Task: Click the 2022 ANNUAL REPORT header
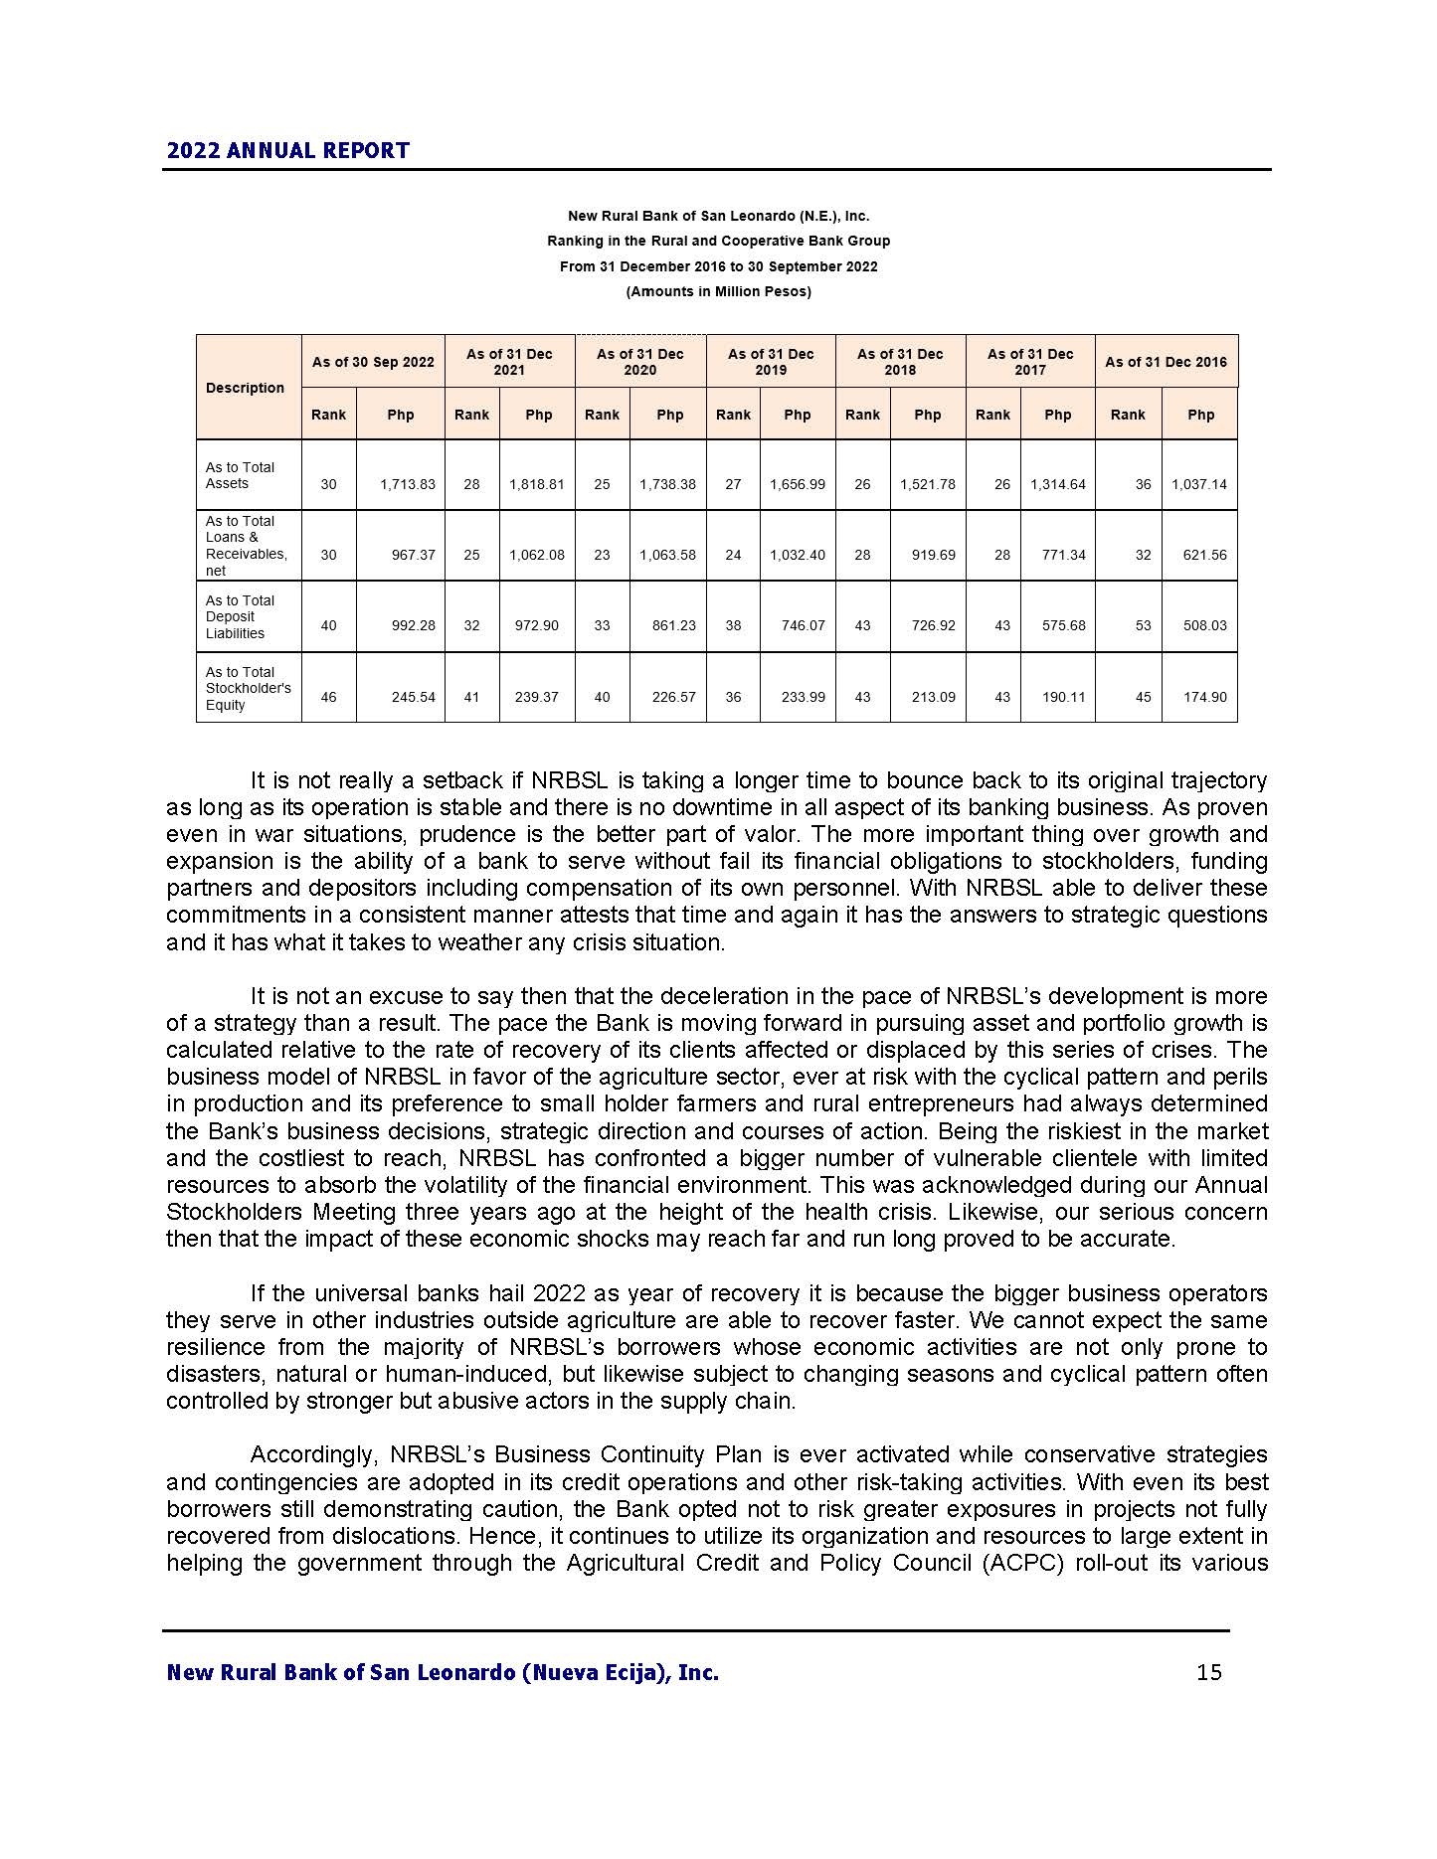click(287, 151)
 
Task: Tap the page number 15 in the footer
click(1209, 1672)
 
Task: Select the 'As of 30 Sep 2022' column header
click(373, 362)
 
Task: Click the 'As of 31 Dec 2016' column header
click(1166, 362)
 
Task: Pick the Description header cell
click(245, 388)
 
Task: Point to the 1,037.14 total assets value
click(1198, 484)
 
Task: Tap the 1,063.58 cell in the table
click(667, 555)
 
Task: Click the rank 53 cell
click(1143, 625)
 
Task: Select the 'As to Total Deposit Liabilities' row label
click(240, 616)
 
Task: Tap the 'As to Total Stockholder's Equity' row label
click(248, 688)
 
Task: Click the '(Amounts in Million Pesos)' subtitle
click(718, 291)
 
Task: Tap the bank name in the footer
click(443, 1672)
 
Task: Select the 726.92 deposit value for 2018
click(933, 625)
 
